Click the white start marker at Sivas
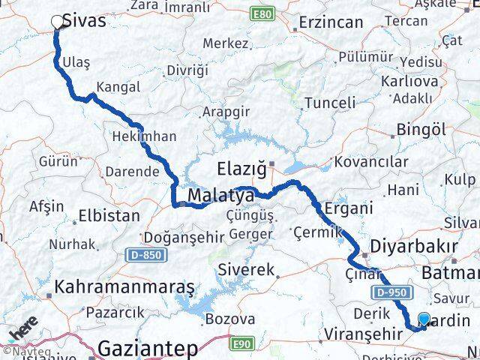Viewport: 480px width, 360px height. [58, 22]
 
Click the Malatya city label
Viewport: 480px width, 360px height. [220, 196]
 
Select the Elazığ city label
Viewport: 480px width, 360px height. [242, 168]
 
